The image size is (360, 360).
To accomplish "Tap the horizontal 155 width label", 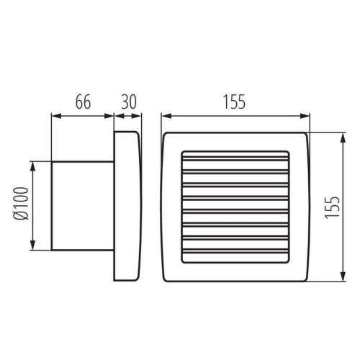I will pyautogui.click(x=234, y=102).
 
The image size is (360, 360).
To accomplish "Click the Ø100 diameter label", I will pyautogui.click(x=21, y=206).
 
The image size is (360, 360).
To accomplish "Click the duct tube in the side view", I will pyautogui.click(x=81, y=206).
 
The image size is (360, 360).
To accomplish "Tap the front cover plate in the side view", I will pyautogui.click(x=127, y=206).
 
